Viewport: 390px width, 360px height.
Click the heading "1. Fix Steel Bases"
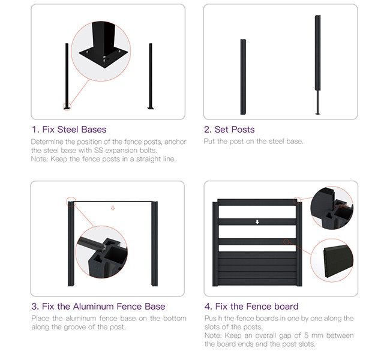[69, 130]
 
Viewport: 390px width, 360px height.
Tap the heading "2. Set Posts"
[229, 130]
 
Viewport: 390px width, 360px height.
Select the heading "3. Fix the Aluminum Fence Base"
[98, 306]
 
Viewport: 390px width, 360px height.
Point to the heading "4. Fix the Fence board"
[251, 306]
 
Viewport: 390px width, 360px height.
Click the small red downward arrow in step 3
[113, 208]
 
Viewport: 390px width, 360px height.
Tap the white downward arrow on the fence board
[257, 222]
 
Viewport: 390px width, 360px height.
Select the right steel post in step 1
[151, 76]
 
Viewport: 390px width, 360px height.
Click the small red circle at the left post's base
[67, 107]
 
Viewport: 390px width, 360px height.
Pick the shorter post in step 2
[243, 77]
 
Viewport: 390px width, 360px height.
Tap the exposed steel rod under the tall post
[317, 102]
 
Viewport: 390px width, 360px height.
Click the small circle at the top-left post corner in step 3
[71, 202]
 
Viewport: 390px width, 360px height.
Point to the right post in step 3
[154, 244]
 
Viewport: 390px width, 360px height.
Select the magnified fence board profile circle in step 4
[332, 260]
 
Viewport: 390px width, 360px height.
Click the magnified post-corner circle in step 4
[332, 208]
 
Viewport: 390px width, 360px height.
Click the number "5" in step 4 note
[306, 335]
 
